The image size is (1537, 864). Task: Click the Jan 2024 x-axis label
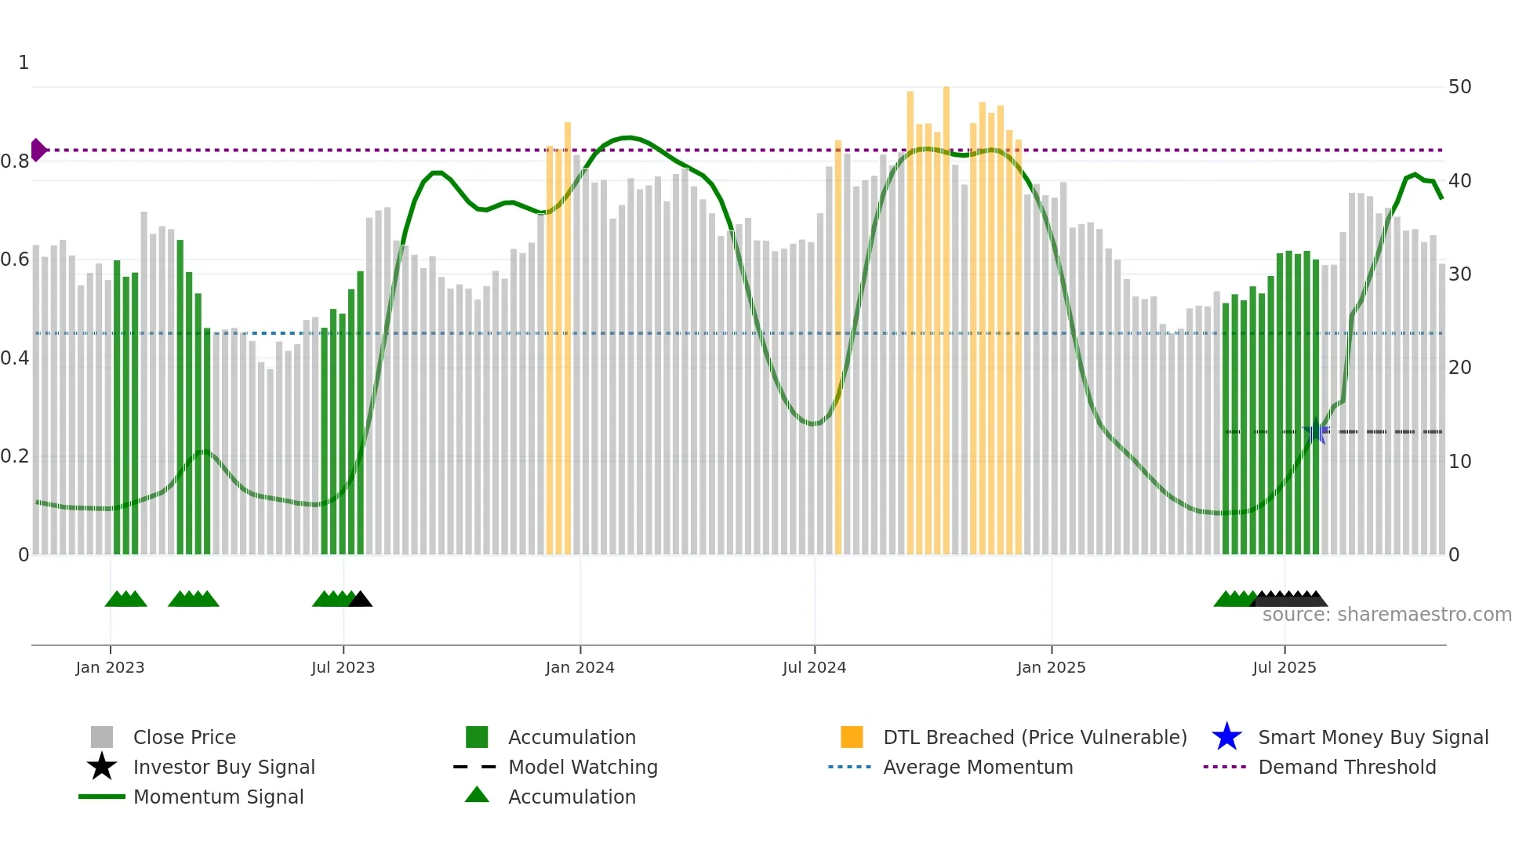(580, 667)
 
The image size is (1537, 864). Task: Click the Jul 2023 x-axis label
(343, 667)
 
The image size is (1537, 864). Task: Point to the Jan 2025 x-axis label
(1051, 667)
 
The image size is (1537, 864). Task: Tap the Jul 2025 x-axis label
(1284, 667)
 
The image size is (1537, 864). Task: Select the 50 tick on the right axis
(1459, 87)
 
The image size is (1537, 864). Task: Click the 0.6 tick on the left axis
(15, 260)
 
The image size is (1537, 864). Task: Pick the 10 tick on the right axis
(1459, 461)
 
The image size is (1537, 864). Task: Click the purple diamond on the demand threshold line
(38, 150)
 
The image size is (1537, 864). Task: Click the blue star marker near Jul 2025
(1317, 431)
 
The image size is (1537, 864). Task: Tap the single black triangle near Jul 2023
(361, 600)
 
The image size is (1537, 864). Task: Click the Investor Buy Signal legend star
(102, 767)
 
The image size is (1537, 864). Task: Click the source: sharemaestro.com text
(1386, 615)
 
